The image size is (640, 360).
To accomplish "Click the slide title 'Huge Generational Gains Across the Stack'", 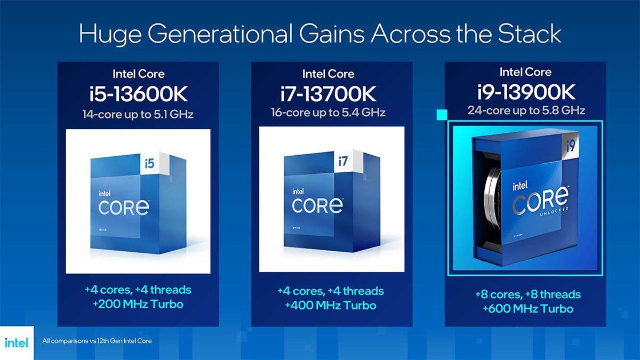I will [320, 34].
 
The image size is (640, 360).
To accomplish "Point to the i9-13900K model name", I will [526, 92].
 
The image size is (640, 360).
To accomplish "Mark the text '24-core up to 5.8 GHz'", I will [526, 111].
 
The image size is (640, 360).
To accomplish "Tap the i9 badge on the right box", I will [572, 145].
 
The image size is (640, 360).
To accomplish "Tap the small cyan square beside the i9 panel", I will [441, 114].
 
